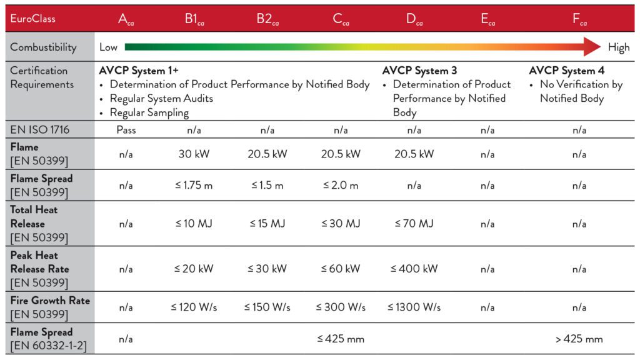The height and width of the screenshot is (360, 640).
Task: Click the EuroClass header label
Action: click(32, 19)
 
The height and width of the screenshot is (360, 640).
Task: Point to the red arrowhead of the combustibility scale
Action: click(591, 47)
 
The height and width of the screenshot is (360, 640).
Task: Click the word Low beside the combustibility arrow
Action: click(108, 47)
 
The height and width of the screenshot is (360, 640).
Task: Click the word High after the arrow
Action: click(619, 47)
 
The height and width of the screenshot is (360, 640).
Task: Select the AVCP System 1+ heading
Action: click(139, 71)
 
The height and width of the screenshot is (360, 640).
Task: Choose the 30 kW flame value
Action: click(194, 154)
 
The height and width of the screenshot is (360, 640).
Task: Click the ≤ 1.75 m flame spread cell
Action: click(194, 185)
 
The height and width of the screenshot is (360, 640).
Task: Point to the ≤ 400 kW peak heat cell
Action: click(414, 269)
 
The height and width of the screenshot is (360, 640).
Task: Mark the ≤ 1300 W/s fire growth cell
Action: click(414, 307)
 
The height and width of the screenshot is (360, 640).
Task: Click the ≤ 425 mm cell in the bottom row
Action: click(340, 339)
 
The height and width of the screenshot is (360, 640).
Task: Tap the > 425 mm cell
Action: click(579, 339)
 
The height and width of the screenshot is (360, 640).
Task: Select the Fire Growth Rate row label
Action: click(50, 300)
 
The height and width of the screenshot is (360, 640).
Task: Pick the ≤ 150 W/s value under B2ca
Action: click(267, 307)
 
